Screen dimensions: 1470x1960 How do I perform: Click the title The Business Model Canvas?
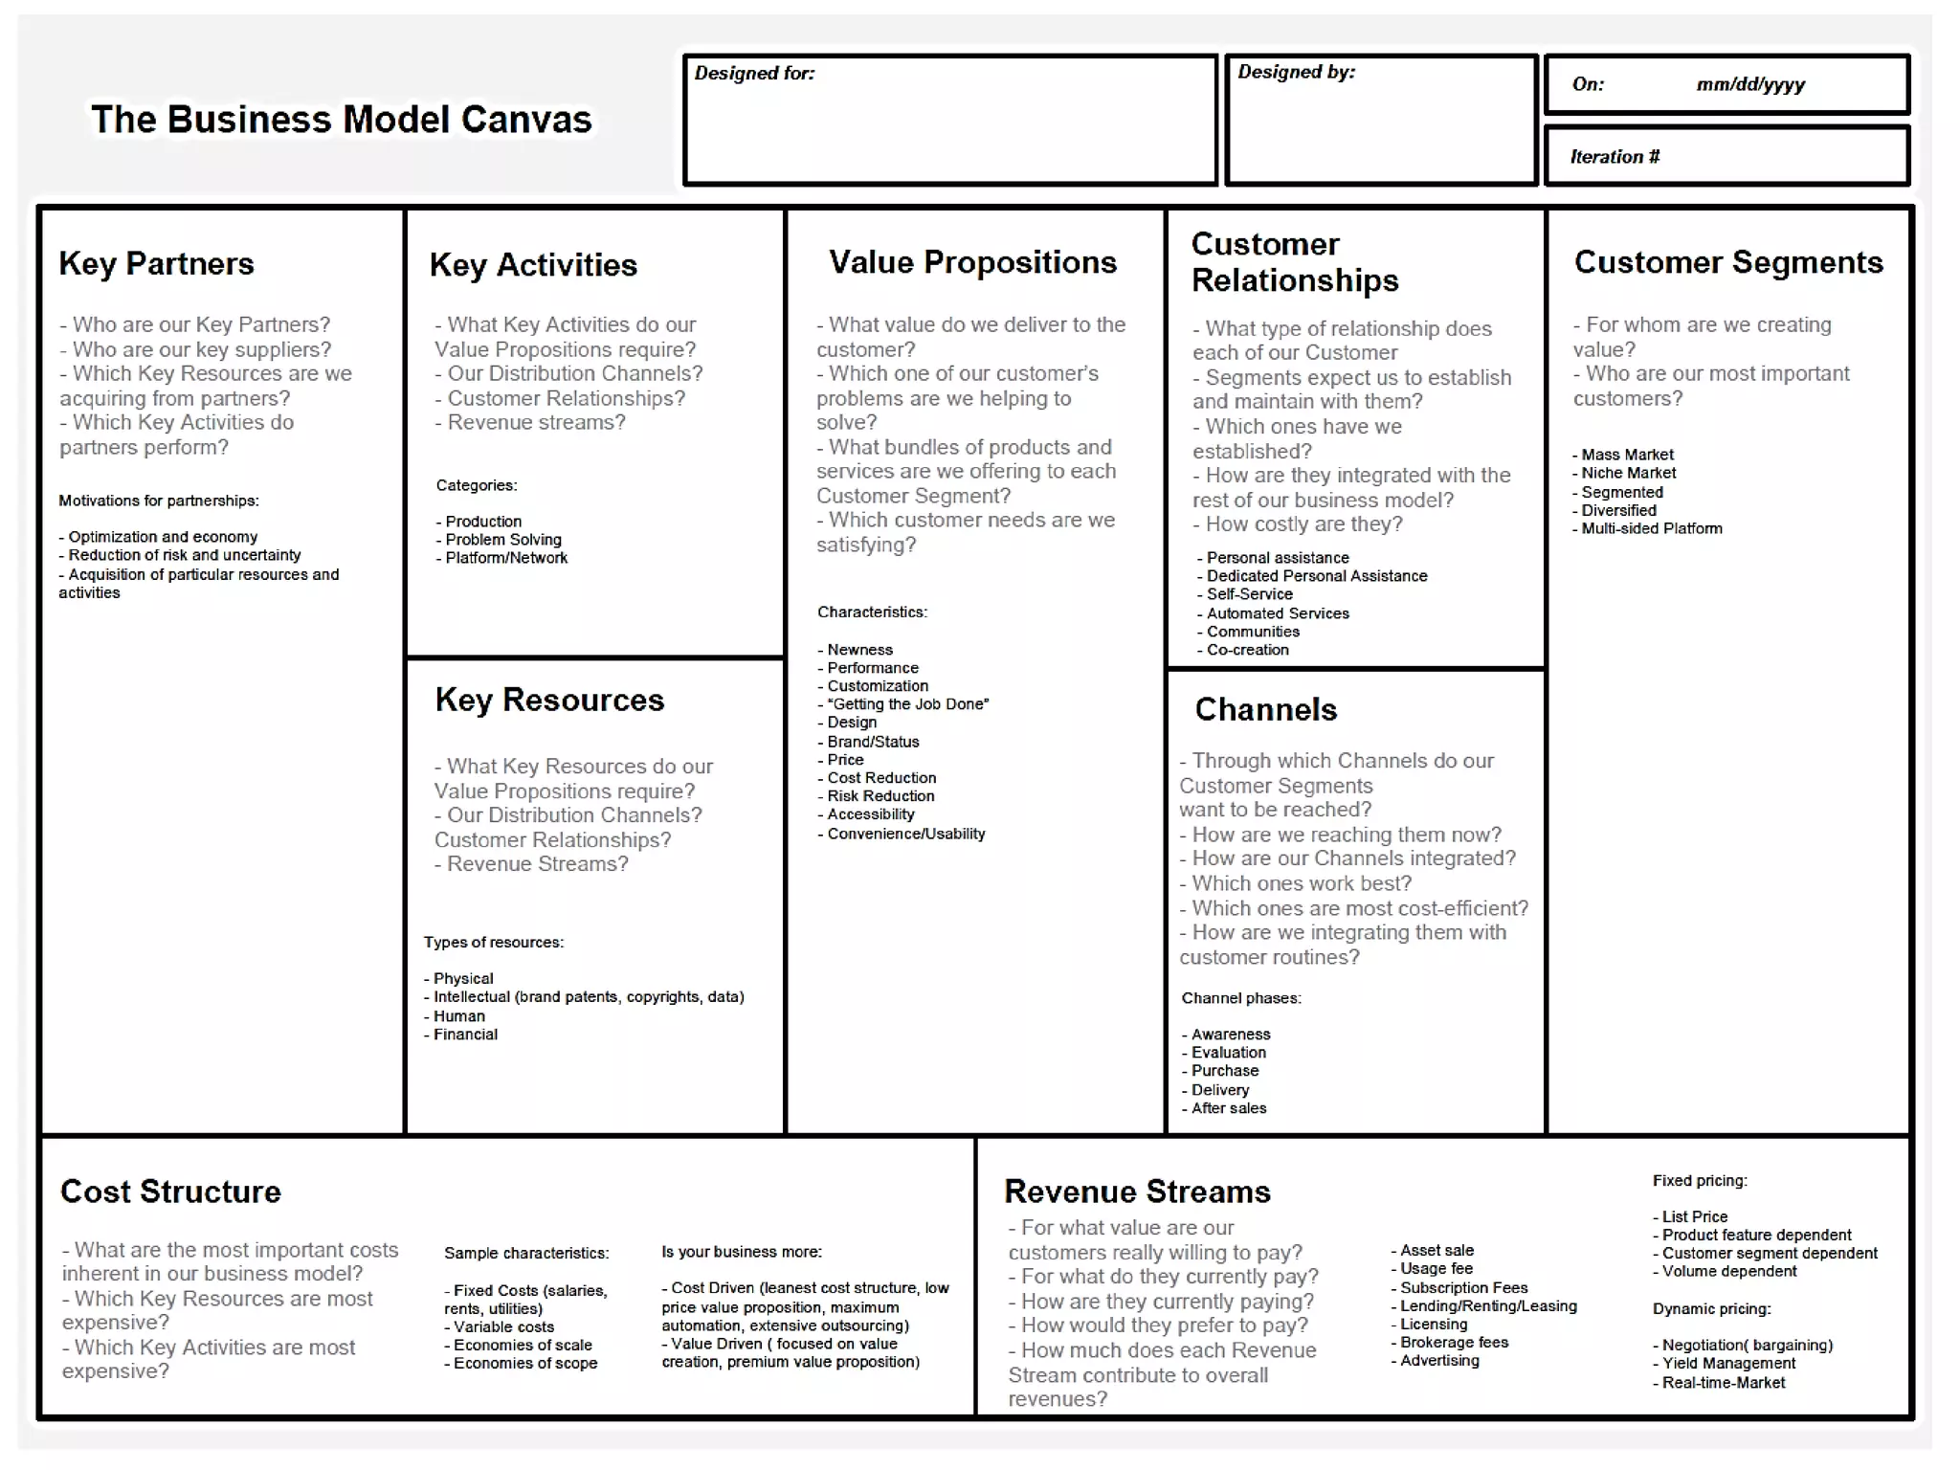[x=342, y=120]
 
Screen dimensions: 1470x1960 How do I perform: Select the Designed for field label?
[x=754, y=74]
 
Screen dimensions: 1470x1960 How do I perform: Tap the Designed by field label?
[x=1296, y=73]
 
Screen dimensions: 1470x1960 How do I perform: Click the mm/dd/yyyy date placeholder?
[x=1750, y=85]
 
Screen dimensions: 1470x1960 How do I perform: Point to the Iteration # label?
[x=1615, y=157]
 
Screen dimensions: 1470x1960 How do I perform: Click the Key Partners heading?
[x=156, y=263]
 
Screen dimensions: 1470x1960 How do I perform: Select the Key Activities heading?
[x=533, y=265]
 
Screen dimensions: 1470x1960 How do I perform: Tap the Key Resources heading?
[x=549, y=700]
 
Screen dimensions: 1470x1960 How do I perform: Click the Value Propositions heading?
[x=972, y=262]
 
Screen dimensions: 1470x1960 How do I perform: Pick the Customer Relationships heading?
[x=1294, y=262]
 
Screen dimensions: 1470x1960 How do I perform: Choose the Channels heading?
[x=1265, y=709]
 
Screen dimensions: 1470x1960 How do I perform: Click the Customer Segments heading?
[x=1727, y=262]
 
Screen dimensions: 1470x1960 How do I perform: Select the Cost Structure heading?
[x=170, y=1192]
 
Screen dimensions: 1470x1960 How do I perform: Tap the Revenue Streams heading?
[x=1137, y=1192]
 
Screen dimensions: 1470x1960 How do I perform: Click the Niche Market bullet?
[x=1628, y=473]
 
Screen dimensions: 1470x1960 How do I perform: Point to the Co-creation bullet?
[x=1247, y=650]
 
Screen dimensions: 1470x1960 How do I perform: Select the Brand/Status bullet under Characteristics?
[x=873, y=742]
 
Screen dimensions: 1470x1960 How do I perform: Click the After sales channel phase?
[x=1228, y=1108]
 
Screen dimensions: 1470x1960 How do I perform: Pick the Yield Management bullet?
[x=1728, y=1364]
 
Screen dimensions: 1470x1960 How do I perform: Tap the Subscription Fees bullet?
[x=1463, y=1288]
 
